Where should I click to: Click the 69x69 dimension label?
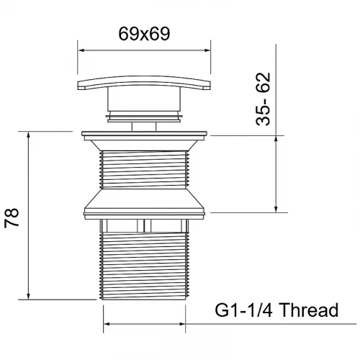144,34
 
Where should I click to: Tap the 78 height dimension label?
12,217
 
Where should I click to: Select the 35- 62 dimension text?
263,99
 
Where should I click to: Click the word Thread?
309,310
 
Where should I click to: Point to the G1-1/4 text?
243,310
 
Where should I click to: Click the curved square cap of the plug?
144,83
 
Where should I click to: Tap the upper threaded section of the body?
144,169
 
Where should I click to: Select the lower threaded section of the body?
144,266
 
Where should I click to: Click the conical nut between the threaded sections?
144,201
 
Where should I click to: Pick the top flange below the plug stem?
144,135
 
